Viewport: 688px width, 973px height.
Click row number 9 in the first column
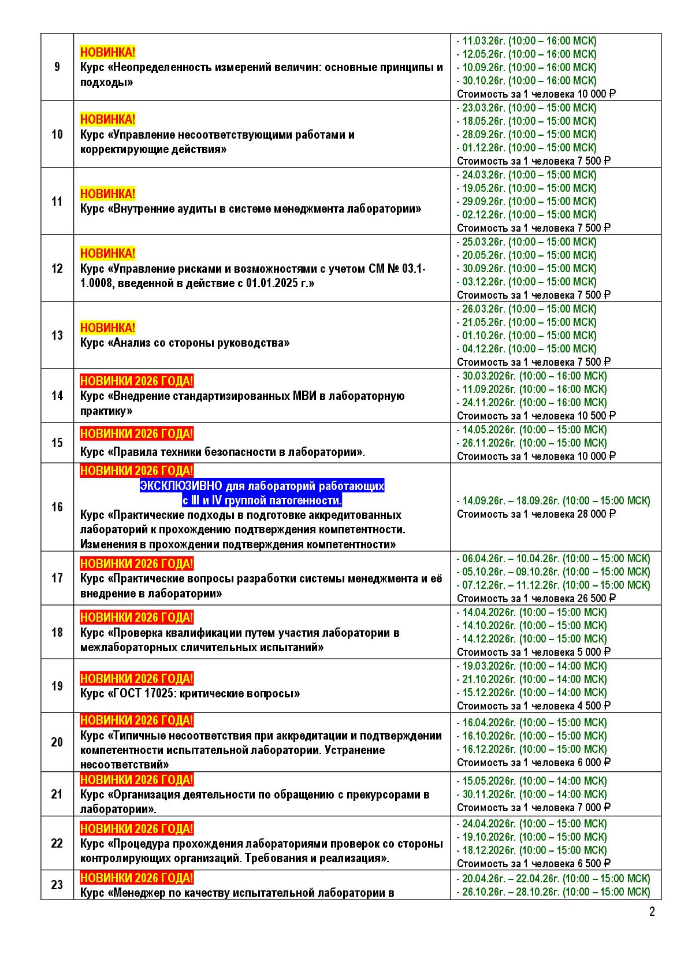pyautogui.click(x=57, y=67)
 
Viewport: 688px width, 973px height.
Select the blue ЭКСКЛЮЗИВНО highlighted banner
pyautogui.click(x=262, y=493)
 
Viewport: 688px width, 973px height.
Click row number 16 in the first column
pyautogui.click(x=57, y=507)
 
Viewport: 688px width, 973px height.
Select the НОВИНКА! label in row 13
pyautogui.click(x=107, y=328)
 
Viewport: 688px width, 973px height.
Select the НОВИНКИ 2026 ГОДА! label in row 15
pyautogui.click(x=136, y=433)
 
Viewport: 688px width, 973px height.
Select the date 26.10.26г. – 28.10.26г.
pyautogui.click(x=507, y=892)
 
